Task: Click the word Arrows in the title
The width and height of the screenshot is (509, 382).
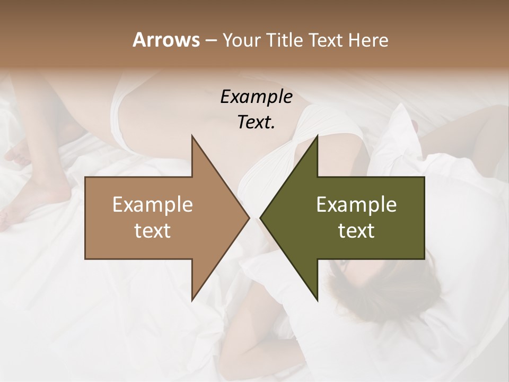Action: [166, 40]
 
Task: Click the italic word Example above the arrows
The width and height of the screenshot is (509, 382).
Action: [256, 97]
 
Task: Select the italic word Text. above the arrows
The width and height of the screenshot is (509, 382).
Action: [256, 123]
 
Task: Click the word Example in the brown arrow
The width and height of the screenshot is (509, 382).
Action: [153, 205]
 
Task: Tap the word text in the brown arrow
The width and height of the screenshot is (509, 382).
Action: [153, 231]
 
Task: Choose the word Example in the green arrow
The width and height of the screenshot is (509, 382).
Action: [356, 205]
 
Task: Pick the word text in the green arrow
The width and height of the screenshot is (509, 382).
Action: [356, 231]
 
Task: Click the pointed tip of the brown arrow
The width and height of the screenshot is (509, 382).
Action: [249, 218]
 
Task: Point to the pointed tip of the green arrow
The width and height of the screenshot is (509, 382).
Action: [261, 218]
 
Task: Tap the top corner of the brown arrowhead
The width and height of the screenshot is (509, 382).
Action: [192, 136]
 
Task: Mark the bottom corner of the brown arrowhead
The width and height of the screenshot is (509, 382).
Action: [192, 300]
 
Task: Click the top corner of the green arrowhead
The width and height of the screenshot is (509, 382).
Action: [317, 136]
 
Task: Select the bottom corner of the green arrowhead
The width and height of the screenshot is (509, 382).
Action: [317, 300]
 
